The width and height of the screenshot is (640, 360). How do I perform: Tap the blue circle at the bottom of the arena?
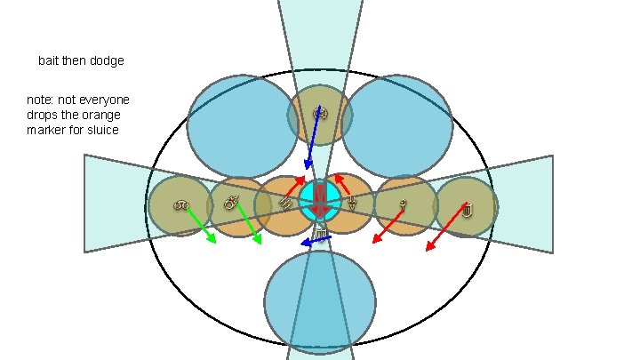coord(320,303)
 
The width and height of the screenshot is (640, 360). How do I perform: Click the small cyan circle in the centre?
coord(318,199)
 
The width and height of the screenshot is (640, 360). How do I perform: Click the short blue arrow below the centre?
coord(315,239)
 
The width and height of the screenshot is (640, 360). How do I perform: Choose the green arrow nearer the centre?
coord(249,228)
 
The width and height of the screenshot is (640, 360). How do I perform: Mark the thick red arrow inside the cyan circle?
coord(319,200)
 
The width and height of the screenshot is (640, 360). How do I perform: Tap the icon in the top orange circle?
coord(320,112)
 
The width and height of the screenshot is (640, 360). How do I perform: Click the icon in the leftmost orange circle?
coord(180,206)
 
